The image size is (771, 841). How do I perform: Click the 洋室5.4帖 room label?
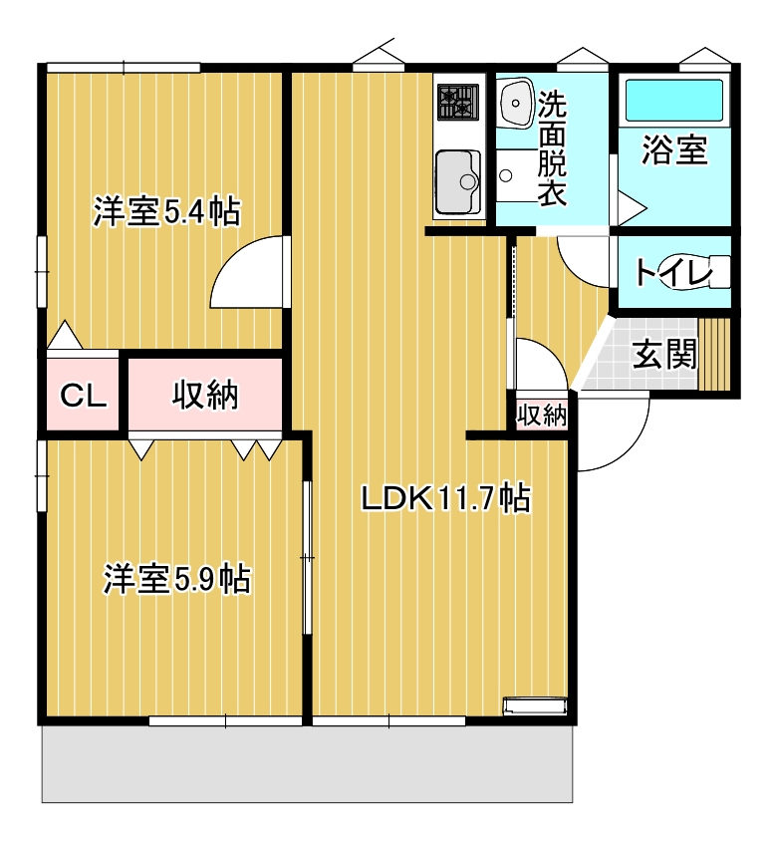tap(166, 212)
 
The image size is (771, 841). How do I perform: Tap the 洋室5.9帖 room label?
tap(177, 579)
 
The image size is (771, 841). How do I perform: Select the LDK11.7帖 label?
tap(446, 498)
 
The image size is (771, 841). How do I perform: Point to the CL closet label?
tap(83, 396)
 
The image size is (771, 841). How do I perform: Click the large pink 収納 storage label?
tap(205, 396)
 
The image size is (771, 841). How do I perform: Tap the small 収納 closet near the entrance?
tap(542, 415)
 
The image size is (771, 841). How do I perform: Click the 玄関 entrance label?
tap(664, 354)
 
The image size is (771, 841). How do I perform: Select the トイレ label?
tap(674, 272)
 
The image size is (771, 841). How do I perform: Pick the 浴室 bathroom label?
tap(674, 149)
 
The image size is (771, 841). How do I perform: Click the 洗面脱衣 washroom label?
tap(552, 148)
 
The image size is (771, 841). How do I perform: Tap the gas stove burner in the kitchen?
tap(458, 102)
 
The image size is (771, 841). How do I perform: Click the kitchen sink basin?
tap(458, 181)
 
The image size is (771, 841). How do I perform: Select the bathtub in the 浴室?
tap(674, 101)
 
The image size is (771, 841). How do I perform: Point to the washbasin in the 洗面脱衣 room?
tap(516, 102)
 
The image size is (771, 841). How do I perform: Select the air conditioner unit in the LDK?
tap(534, 704)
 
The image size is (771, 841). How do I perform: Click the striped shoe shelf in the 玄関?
tap(714, 354)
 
